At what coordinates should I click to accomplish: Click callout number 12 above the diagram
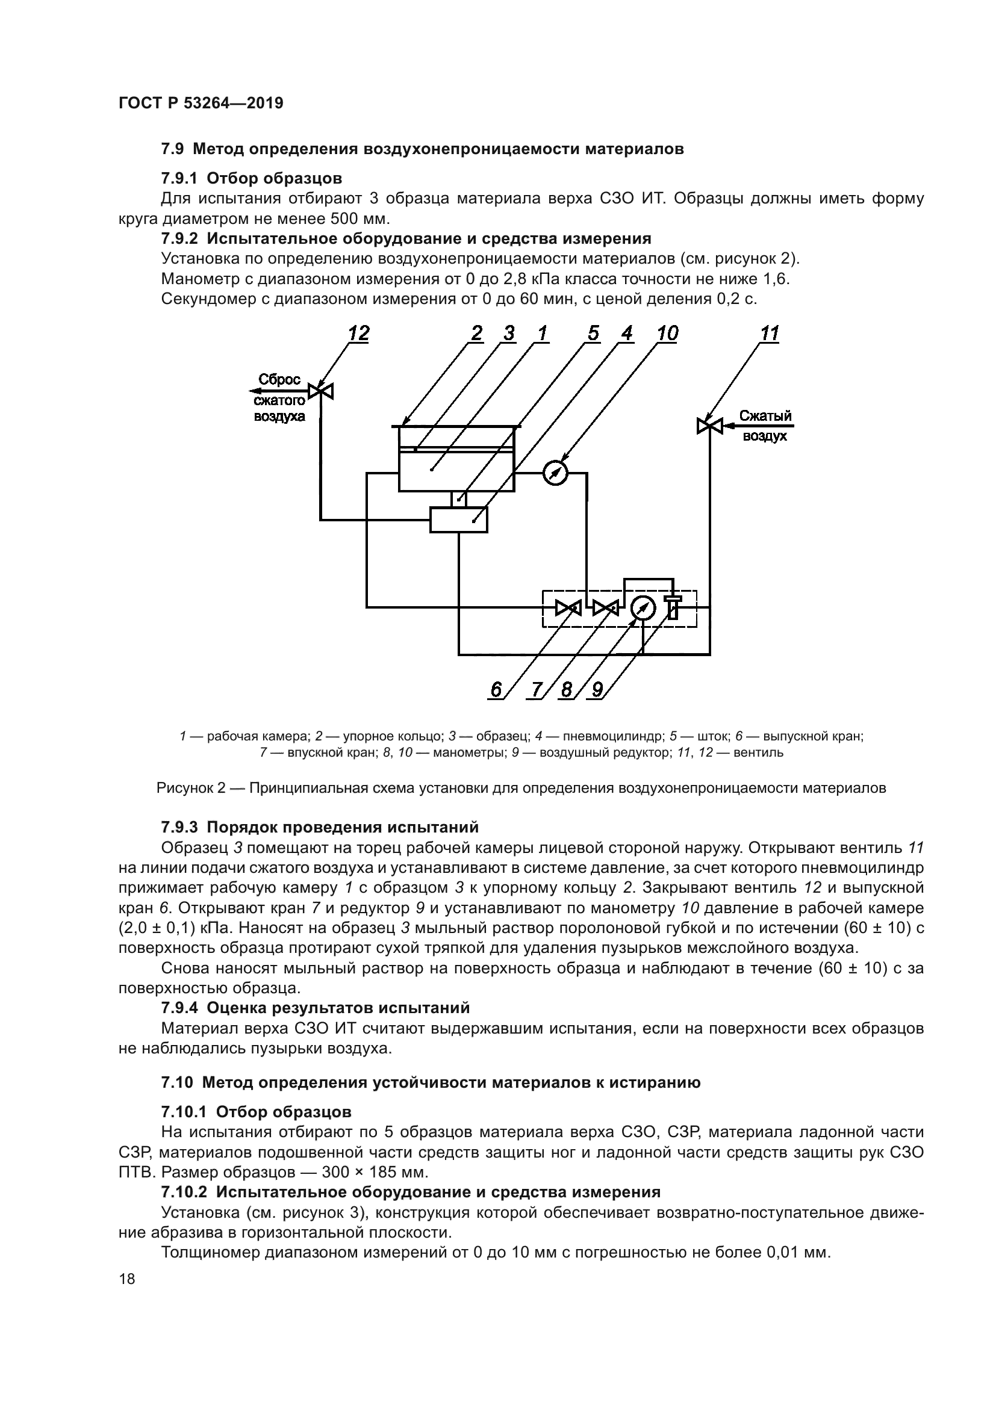359,333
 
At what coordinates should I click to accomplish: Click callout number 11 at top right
769,333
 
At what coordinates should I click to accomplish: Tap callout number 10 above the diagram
667,333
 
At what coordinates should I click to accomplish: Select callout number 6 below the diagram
496,690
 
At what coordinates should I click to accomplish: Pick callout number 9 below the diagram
596,690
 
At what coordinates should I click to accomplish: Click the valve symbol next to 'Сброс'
320,391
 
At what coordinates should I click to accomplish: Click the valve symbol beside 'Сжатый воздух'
709,425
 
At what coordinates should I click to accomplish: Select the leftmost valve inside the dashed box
568,608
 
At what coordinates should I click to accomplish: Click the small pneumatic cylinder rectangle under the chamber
459,520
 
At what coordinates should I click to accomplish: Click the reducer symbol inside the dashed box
673,607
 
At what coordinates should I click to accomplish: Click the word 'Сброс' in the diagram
279,380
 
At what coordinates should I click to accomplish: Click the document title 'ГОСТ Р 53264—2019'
201,103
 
